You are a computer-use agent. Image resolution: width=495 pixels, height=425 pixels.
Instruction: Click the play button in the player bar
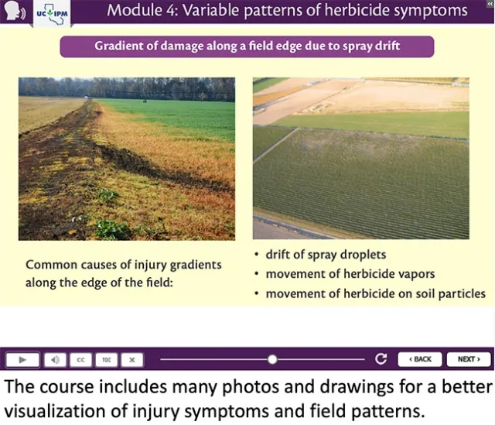click(23, 359)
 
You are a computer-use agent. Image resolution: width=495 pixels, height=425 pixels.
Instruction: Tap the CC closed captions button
click(80, 359)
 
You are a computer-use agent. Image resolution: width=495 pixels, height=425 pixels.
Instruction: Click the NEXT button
click(469, 359)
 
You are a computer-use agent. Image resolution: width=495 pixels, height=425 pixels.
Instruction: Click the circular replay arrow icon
click(381, 359)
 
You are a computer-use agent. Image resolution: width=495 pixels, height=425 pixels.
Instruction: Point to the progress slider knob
click(272, 359)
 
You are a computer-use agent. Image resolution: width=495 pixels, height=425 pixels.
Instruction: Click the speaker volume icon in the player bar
click(54, 359)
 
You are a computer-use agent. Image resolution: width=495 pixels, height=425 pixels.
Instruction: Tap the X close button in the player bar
click(132, 359)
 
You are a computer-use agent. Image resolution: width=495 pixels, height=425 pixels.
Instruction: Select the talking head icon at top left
click(14, 13)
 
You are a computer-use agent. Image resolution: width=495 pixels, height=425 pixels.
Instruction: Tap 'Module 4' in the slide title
click(138, 11)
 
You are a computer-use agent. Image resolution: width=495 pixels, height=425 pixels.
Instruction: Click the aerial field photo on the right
click(360, 158)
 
